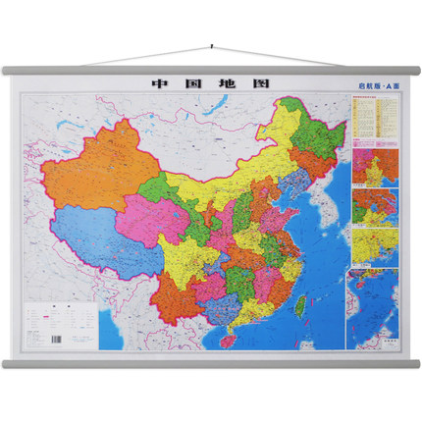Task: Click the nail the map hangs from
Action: pos(211,45)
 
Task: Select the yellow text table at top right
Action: pos(372,118)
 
